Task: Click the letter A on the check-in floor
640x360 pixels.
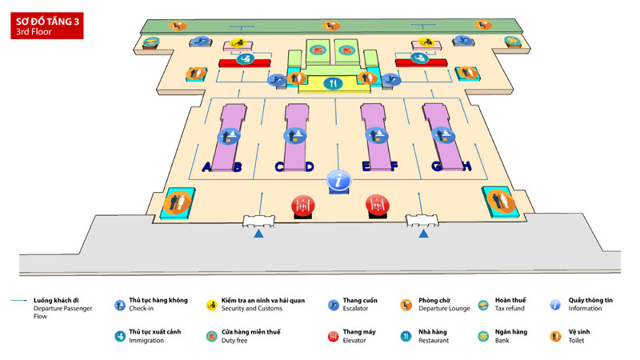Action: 206,167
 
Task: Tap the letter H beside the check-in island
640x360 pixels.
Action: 467,166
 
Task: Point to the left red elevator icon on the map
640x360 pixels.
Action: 301,206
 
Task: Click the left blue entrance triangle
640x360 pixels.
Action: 258,234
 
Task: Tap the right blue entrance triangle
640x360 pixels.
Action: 423,234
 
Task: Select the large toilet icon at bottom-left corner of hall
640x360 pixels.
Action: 174,202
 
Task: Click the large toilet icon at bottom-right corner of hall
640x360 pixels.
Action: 498,201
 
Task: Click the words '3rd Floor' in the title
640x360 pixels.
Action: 32,33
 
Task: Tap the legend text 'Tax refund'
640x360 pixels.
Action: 510,308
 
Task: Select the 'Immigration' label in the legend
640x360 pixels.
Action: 147,340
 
